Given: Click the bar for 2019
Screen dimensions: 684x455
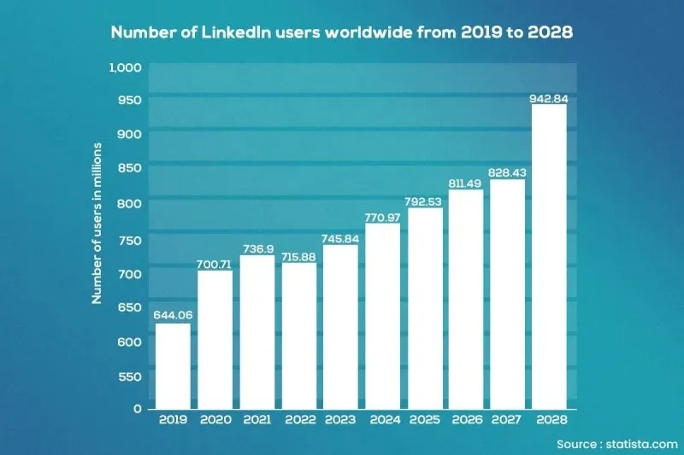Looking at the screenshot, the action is tap(173, 366).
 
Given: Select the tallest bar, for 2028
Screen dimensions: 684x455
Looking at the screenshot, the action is tap(549, 256).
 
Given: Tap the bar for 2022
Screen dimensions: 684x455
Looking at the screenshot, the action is tap(299, 335).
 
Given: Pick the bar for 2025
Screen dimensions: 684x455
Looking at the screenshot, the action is tap(425, 308).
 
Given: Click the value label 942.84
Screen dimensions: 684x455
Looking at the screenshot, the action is tap(549, 99).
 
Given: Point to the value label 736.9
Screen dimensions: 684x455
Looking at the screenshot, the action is tap(258, 249).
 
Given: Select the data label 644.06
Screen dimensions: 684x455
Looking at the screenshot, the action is tap(173, 315).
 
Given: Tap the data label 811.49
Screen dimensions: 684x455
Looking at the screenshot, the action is tap(465, 184).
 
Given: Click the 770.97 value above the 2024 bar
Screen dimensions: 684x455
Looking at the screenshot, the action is tap(382, 218).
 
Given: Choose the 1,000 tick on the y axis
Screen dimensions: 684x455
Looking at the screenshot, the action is tap(125, 67).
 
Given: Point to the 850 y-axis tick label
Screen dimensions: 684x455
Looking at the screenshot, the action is tap(130, 167).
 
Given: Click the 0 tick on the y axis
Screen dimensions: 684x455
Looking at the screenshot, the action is tap(138, 409).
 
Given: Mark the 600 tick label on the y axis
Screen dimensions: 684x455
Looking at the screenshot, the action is tap(130, 342).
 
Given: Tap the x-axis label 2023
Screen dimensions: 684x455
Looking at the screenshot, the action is tap(340, 420).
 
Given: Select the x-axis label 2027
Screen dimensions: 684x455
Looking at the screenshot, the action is tap(506, 420).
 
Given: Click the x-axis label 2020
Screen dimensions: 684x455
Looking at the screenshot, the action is tap(215, 420).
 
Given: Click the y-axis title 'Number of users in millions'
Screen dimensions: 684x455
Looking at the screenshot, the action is tap(97, 224).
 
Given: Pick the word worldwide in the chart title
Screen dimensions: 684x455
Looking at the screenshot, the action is tap(369, 32).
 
